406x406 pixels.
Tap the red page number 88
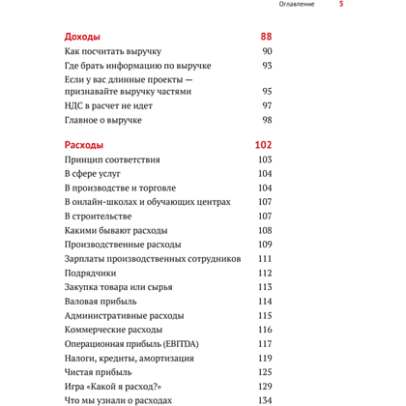(x=265, y=37)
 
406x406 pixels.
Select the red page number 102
(x=262, y=145)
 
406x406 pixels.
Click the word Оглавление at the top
(x=296, y=4)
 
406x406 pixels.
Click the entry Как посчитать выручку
(x=112, y=51)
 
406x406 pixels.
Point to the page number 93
(x=267, y=66)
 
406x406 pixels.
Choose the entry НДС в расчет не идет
(x=109, y=105)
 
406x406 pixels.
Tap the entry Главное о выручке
(x=103, y=120)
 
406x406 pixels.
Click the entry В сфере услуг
(x=95, y=174)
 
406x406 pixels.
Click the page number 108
(x=265, y=231)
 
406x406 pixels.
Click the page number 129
(x=265, y=387)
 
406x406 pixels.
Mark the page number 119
(x=265, y=359)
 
